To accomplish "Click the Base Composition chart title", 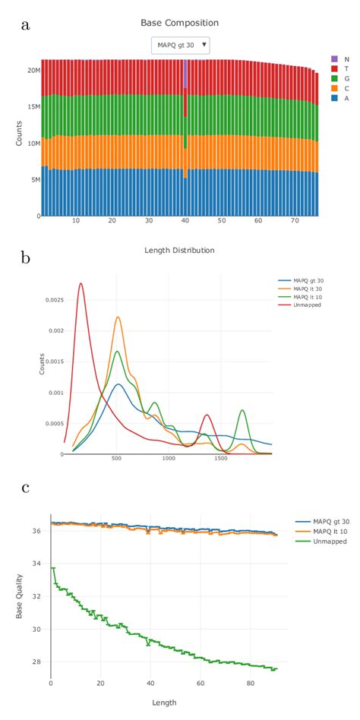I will click(x=180, y=24).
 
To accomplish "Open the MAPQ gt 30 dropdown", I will click(x=180, y=46).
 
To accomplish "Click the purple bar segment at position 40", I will click(x=185, y=76).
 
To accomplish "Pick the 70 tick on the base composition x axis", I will click(x=294, y=221).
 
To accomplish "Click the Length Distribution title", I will click(x=180, y=251).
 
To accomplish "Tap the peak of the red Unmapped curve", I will click(x=81, y=283).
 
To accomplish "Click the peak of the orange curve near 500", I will click(x=118, y=317).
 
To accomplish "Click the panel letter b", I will click(x=26, y=257).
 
